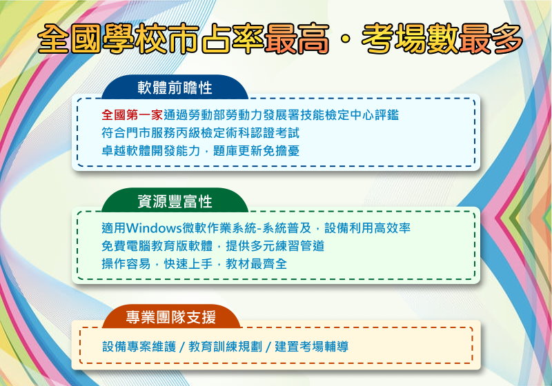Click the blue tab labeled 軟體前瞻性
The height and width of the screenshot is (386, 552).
pyautogui.click(x=175, y=87)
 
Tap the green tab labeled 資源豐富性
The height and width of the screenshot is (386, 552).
pyautogui.click(x=175, y=201)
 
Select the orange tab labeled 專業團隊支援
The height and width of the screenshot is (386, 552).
pyautogui.click(x=171, y=317)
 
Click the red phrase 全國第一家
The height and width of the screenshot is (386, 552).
pyautogui.click(x=132, y=115)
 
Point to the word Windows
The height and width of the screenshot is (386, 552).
pyautogui.click(x=154, y=228)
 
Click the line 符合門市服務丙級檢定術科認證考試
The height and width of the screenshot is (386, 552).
pyautogui.click(x=200, y=133)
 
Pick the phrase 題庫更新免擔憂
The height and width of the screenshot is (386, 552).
pyautogui.click(x=256, y=151)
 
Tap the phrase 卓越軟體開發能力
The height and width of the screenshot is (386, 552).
pyautogui.click(x=150, y=151)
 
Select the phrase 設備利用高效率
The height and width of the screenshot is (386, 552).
pyautogui.click(x=367, y=228)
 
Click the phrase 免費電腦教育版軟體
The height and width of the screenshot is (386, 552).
pyautogui.click(x=157, y=246)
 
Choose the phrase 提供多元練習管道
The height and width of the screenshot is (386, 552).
pyautogui.click(x=275, y=246)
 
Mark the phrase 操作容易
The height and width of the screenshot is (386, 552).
pyautogui.click(x=126, y=264)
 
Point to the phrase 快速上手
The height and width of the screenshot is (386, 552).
pyautogui.click(x=188, y=264)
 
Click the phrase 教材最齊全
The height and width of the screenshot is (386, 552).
pyautogui.click(x=256, y=264)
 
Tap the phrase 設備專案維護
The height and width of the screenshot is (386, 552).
pyautogui.click(x=139, y=347)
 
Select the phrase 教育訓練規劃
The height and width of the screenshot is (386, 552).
pyautogui.click(x=226, y=347)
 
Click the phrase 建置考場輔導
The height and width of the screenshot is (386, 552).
pyautogui.click(x=312, y=347)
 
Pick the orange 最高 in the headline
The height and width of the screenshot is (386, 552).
pyautogui.click(x=297, y=39)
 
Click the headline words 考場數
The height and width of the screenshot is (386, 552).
pyautogui.click(x=410, y=39)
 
